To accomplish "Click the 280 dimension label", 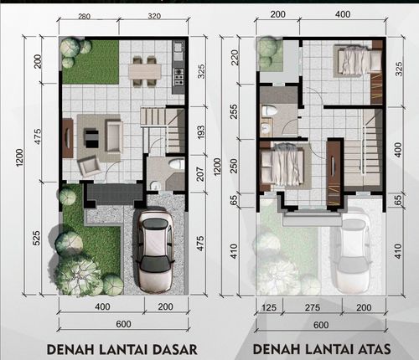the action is click(x=84, y=17).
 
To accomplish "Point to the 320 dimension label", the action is click(x=154, y=16).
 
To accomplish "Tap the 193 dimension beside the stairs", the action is click(x=200, y=132).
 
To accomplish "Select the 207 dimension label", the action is click(x=200, y=173).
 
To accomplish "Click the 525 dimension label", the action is click(x=37, y=238).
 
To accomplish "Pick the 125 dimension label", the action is click(x=269, y=307).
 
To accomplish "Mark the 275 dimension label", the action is click(x=313, y=307).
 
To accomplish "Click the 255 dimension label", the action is click(x=234, y=111).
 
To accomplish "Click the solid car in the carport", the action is click(x=155, y=252).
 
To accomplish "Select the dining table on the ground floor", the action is click(x=145, y=72).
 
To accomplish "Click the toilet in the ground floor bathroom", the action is click(x=178, y=164).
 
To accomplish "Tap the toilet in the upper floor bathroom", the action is click(x=269, y=111).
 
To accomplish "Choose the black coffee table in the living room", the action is click(x=92, y=138).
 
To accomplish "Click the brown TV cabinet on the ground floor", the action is click(x=68, y=138).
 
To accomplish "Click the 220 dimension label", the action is click(x=234, y=57).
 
